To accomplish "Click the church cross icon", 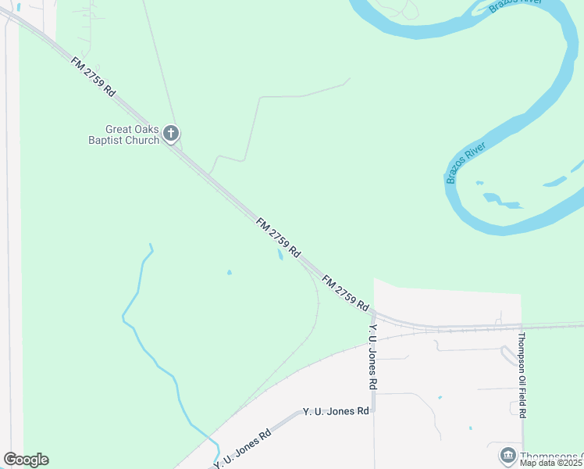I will pyautogui.click(x=172, y=134).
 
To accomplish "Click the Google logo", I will pyautogui.click(x=26, y=460).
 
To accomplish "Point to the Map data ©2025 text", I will pyautogui.click(x=550, y=463).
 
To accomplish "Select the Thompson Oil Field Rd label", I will pyautogui.click(x=522, y=374).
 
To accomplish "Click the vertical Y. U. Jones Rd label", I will pyautogui.click(x=374, y=357).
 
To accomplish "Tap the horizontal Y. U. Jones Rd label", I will pyautogui.click(x=336, y=411).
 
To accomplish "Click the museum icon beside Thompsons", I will pyautogui.click(x=507, y=455).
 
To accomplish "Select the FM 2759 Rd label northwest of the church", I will pyautogui.click(x=92, y=76).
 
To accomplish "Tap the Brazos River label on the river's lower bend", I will pyautogui.click(x=466, y=163).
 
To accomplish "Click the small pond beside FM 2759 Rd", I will pyautogui.click(x=280, y=255).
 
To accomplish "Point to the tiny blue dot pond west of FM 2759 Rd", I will pyautogui.click(x=229, y=273).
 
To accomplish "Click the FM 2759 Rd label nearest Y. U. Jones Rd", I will pyautogui.click(x=344, y=293).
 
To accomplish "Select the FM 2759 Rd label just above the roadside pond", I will pyautogui.click(x=278, y=238).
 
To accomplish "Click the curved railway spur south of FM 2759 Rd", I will pyautogui.click(x=315, y=313).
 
